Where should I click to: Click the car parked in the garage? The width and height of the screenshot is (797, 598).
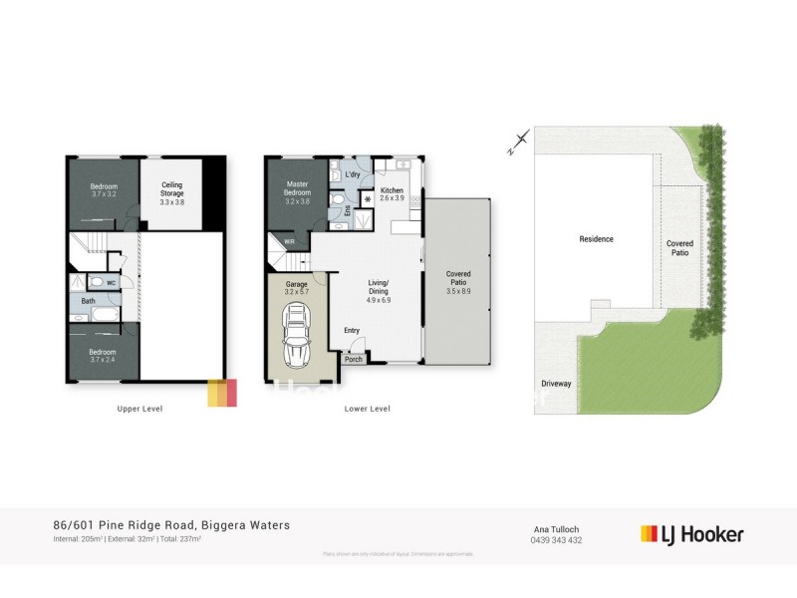point(297,338)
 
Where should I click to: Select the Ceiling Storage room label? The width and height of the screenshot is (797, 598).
point(172,187)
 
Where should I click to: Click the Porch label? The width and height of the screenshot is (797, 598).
point(354,360)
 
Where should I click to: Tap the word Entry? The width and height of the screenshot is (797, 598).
point(352,331)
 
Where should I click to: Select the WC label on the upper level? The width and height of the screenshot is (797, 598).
point(111,282)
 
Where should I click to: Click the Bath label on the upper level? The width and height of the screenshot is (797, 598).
point(89,300)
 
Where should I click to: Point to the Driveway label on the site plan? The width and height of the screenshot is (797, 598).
point(556,383)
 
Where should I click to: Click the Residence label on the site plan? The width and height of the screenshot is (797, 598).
point(597,239)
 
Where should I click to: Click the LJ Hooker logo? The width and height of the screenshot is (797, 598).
point(691,534)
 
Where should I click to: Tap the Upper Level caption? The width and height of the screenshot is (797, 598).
point(139,409)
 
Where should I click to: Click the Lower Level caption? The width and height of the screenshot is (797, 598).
point(367,409)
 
